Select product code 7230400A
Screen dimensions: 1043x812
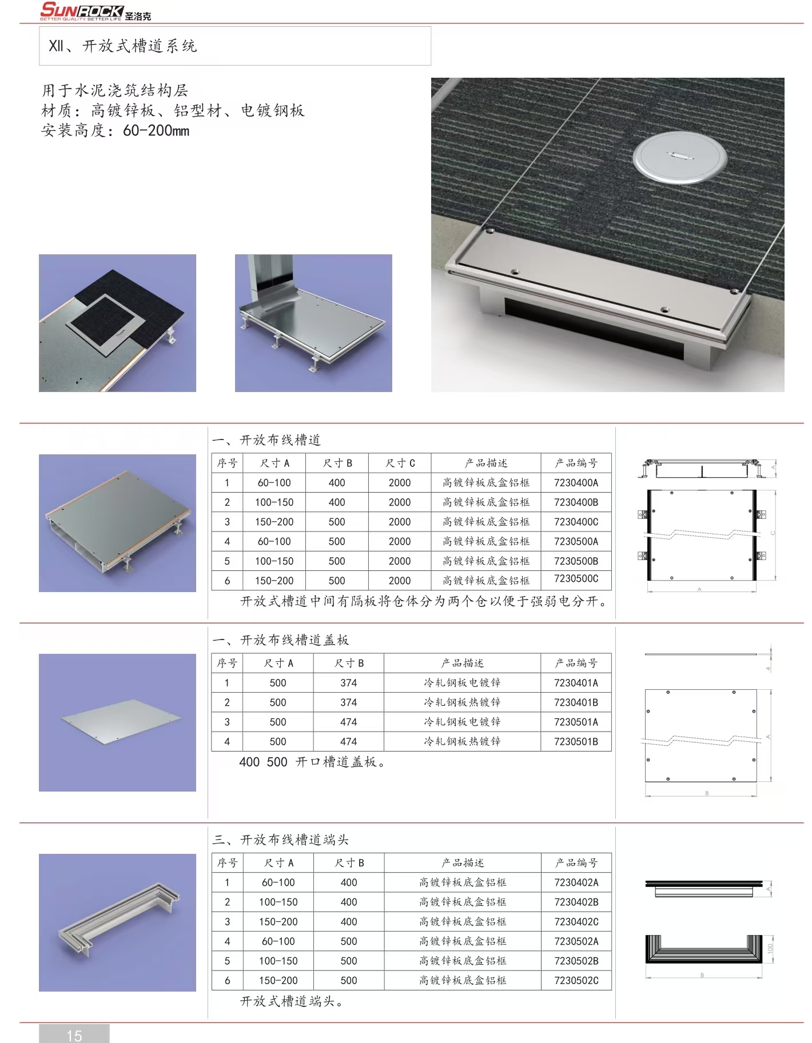click(576, 483)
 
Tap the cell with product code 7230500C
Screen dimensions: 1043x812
click(576, 579)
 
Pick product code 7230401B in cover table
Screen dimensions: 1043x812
click(576, 702)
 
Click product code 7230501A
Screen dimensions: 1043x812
click(576, 722)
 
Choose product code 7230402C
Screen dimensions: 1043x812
click(576, 922)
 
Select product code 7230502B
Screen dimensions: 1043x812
click(576, 961)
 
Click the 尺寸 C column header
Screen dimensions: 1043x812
click(400, 463)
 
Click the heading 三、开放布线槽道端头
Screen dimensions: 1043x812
click(280, 840)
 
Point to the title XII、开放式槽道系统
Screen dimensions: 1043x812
click(123, 46)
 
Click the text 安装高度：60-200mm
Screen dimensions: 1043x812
click(115, 131)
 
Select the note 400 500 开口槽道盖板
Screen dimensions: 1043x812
click(312, 762)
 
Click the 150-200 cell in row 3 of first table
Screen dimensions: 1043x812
click(274, 522)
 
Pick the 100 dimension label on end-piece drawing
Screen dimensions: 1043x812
click(770, 948)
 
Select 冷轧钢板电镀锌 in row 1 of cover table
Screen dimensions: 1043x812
click(462, 683)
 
